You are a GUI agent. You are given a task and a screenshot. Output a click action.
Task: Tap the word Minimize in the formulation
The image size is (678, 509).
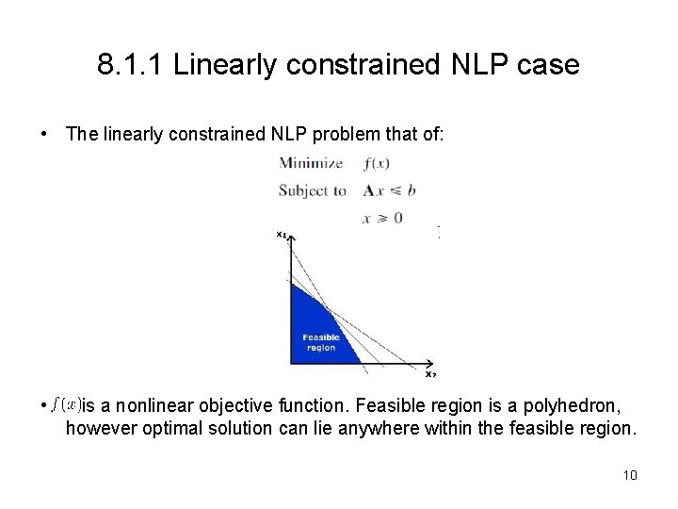point(310,163)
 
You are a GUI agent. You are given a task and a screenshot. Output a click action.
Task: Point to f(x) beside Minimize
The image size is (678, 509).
point(375,163)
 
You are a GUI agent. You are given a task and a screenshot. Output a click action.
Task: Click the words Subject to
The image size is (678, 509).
point(313,190)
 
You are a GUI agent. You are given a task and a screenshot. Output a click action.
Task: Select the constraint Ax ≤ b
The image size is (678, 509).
point(386,190)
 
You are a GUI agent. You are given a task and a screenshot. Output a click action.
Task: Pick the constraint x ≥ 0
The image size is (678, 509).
point(382,217)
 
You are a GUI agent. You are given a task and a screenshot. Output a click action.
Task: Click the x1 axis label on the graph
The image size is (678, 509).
point(282,234)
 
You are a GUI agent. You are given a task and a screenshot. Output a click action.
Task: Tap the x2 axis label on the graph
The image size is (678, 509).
point(430,373)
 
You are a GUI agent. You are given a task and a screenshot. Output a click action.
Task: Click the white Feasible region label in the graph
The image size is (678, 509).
point(320,342)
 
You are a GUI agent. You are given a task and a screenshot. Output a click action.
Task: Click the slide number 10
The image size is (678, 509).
point(630,474)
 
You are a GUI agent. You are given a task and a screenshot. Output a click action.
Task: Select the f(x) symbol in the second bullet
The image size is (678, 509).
point(67,405)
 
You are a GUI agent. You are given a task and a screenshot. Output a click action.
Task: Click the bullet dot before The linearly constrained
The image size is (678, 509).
point(45,136)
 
